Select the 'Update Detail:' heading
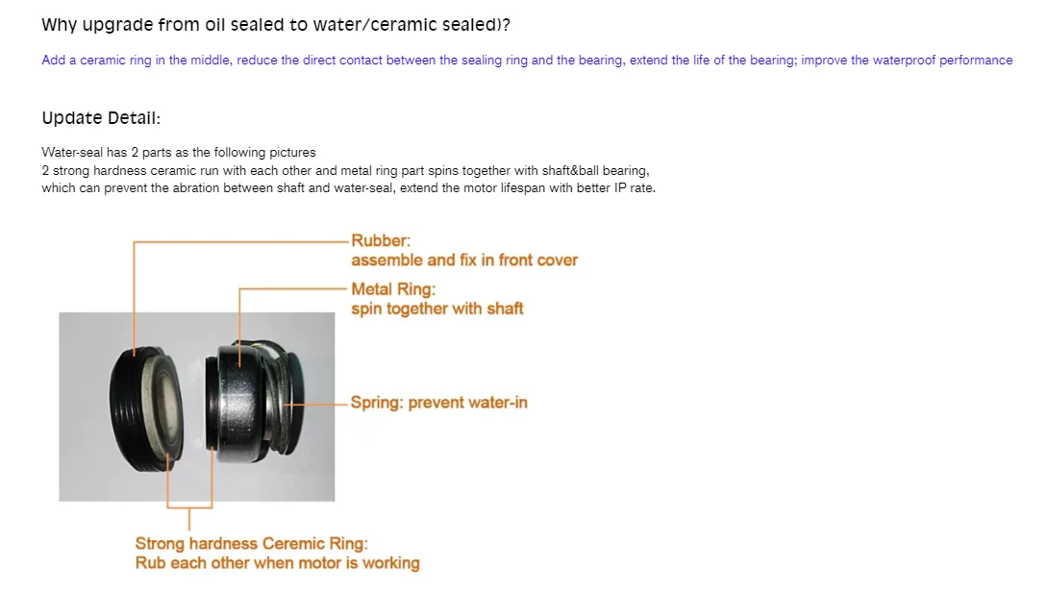(x=101, y=118)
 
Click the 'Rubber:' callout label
(x=381, y=240)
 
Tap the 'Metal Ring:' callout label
(x=393, y=289)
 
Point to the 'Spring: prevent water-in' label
(x=438, y=403)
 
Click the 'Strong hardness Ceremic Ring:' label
(x=251, y=544)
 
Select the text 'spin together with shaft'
(x=437, y=308)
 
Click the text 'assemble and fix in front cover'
(x=464, y=260)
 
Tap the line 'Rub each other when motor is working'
(x=277, y=563)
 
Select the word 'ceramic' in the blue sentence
(x=101, y=61)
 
